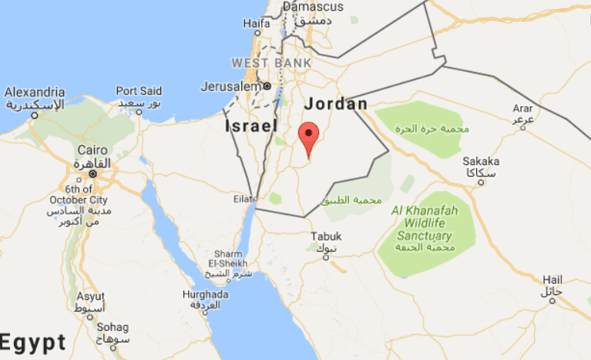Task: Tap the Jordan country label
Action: click(x=336, y=104)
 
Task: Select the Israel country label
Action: click(x=250, y=125)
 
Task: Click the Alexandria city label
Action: click(x=34, y=91)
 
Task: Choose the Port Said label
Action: click(x=140, y=91)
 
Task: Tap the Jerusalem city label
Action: click(x=231, y=86)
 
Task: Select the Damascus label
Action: click(x=312, y=6)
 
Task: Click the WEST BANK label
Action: click(x=271, y=62)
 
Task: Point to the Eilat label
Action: click(x=245, y=199)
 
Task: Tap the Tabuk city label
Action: click(x=324, y=236)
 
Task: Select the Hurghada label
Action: click(x=205, y=294)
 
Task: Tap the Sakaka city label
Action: click(x=480, y=161)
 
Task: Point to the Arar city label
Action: click(x=523, y=109)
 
